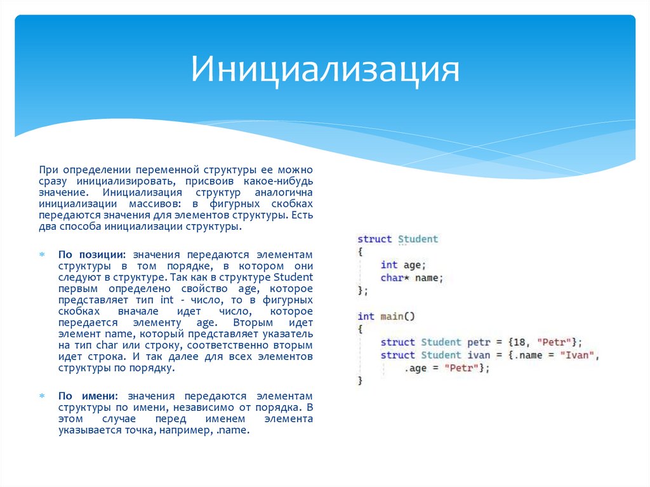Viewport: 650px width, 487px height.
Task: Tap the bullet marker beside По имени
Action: pos(43,396)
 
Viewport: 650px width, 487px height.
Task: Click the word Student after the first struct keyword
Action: pos(418,239)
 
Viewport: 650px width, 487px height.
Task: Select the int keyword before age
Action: pos(388,265)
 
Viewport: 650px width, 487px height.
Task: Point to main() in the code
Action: pos(397,316)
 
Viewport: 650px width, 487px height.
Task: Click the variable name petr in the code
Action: pos(479,342)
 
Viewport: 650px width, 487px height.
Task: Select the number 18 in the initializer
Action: pos(519,342)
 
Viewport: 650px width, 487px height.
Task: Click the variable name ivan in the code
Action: pos(479,356)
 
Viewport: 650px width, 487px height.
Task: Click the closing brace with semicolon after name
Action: pos(362,291)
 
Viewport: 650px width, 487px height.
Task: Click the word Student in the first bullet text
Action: pos(293,277)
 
